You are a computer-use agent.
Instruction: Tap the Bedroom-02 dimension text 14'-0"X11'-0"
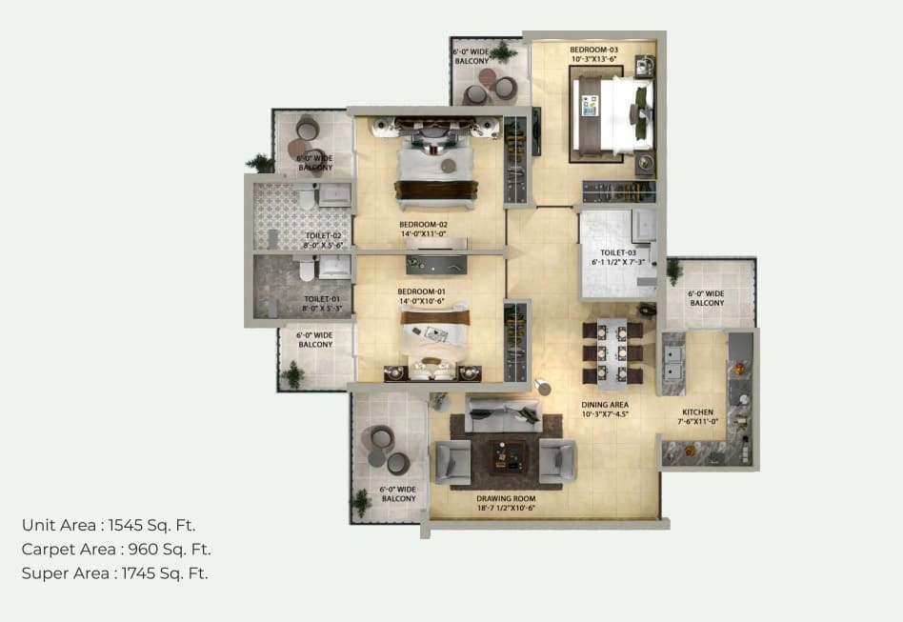point(423,234)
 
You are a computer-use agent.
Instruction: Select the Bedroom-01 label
point(422,291)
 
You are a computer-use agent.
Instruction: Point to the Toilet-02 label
point(323,235)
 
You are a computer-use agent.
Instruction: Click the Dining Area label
point(605,405)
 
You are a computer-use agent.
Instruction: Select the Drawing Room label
point(505,498)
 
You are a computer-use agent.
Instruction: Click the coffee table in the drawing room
point(505,458)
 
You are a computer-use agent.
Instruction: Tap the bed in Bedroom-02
point(433,171)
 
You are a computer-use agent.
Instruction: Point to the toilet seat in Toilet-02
point(306,198)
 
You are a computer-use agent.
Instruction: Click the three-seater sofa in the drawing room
point(503,411)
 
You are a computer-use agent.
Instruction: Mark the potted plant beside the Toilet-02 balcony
point(259,164)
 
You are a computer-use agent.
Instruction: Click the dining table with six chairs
point(612,352)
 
